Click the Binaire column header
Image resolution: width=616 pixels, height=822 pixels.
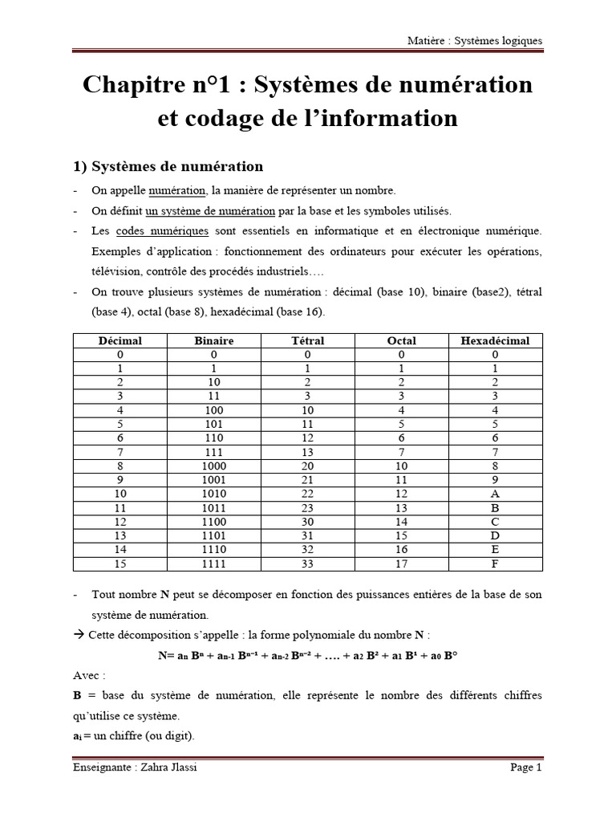click(x=214, y=341)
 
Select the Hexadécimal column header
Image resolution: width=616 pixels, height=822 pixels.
click(x=495, y=341)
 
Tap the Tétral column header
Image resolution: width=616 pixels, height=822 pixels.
click(x=308, y=341)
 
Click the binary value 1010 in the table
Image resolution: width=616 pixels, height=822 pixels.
click(x=214, y=493)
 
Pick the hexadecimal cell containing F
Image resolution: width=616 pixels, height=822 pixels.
click(x=495, y=564)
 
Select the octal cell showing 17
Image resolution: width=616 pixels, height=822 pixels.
click(x=402, y=564)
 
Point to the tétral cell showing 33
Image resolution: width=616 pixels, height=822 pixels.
click(x=308, y=564)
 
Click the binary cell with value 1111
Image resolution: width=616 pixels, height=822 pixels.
click(x=214, y=564)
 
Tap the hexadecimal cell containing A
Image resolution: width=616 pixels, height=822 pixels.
click(x=495, y=493)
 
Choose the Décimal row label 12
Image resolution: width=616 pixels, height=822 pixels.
click(x=120, y=522)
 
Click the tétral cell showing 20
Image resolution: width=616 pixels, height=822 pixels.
click(x=308, y=464)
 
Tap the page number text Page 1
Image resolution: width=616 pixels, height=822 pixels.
click(x=526, y=767)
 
